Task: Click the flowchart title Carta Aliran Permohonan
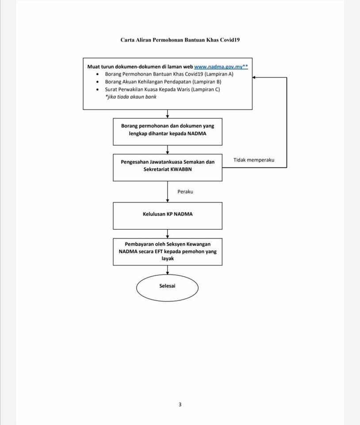(x=180, y=40)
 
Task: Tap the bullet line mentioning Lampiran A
(x=169, y=74)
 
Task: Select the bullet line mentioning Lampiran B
(x=163, y=81)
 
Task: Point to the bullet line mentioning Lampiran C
(x=162, y=89)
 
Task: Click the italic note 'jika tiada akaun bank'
(x=131, y=97)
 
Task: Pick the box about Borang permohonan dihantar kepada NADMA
(x=168, y=132)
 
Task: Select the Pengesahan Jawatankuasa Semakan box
(x=168, y=167)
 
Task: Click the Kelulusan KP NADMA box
(x=168, y=216)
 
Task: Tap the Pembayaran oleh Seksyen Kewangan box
(x=168, y=252)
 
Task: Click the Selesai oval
(x=167, y=288)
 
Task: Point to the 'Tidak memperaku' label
(x=254, y=160)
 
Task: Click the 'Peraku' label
(x=185, y=192)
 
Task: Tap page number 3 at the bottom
(x=180, y=404)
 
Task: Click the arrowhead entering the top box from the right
(x=254, y=77)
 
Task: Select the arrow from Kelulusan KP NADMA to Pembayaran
(x=168, y=234)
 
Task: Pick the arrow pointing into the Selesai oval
(x=168, y=270)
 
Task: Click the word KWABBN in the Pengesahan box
(x=181, y=170)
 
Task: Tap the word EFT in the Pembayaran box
(x=158, y=251)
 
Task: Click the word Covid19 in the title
(x=230, y=40)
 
